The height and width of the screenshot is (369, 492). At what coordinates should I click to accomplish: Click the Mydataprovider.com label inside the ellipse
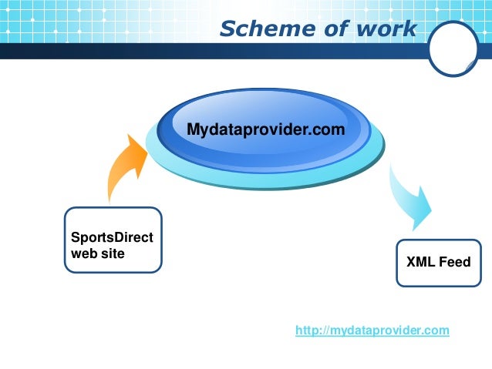click(265, 130)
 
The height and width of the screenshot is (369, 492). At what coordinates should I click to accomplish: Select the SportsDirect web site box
click(113, 239)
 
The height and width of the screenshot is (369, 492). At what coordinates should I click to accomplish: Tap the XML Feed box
click(438, 263)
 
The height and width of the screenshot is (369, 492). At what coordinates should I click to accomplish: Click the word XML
click(421, 263)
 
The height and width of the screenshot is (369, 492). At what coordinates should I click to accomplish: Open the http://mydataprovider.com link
click(372, 330)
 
